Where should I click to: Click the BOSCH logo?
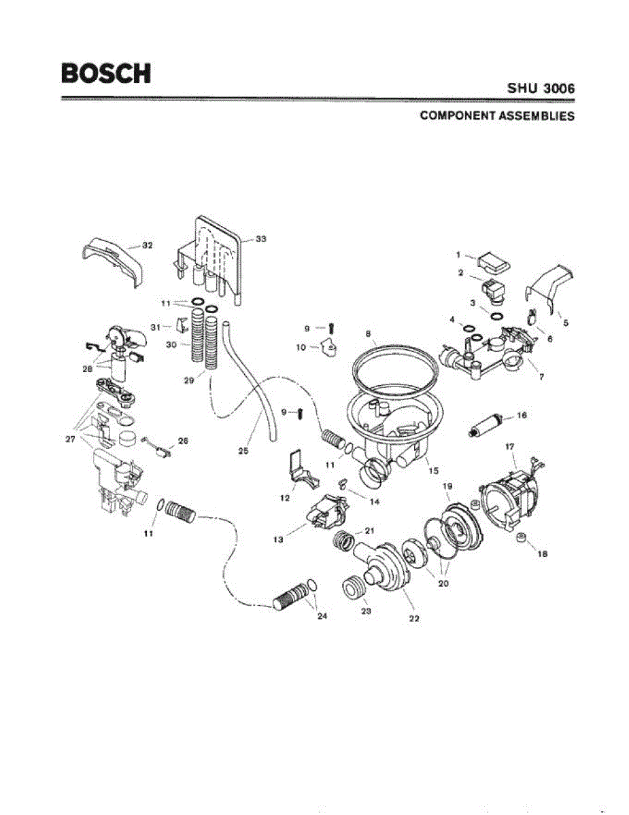coord(105,73)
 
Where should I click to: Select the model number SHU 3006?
coord(541,89)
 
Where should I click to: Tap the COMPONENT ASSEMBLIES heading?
coord(497,115)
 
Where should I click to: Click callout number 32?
coord(148,245)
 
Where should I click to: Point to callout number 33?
coord(260,239)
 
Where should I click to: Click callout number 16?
coord(522,415)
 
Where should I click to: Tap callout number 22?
coord(413,618)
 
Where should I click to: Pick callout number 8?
coord(368,333)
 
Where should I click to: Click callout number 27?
coord(70,439)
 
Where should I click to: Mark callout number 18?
coord(542,554)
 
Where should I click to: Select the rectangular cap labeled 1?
coord(493,260)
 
